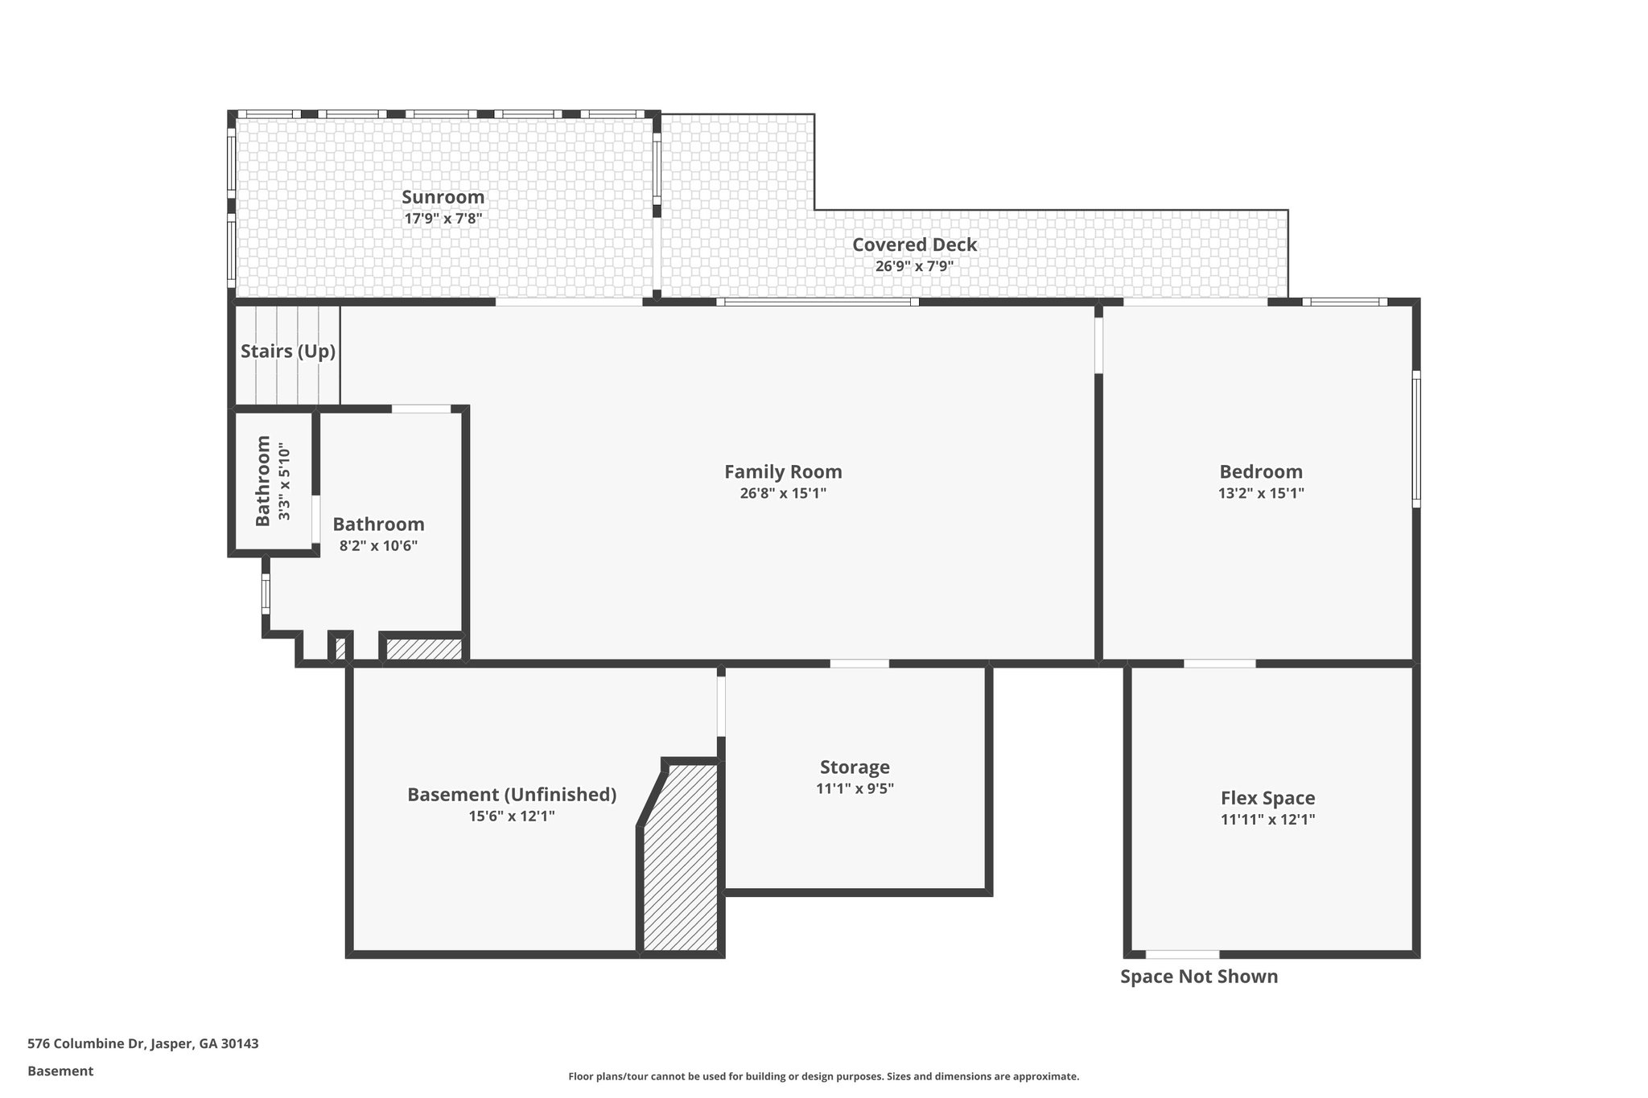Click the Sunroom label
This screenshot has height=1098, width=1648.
(x=443, y=197)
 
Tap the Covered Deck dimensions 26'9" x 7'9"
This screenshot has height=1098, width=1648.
(x=914, y=266)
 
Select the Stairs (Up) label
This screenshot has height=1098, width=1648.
(x=287, y=352)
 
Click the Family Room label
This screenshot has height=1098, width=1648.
(x=783, y=472)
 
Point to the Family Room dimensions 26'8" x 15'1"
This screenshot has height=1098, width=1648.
(x=783, y=493)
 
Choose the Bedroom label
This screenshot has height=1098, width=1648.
(x=1260, y=472)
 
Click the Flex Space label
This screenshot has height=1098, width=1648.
(x=1267, y=799)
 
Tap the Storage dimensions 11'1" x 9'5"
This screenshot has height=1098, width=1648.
(x=855, y=788)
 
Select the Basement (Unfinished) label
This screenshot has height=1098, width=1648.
(x=512, y=795)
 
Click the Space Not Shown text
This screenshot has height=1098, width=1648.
(x=1198, y=977)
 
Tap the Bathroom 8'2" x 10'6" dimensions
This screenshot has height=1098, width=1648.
(x=378, y=545)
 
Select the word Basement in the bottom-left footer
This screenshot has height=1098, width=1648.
(x=60, y=1071)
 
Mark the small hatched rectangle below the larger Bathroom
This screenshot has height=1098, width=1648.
(x=424, y=649)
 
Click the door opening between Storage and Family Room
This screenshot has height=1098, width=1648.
(x=859, y=664)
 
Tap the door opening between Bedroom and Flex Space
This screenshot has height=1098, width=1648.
(x=1219, y=664)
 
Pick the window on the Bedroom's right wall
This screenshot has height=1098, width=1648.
(x=1416, y=438)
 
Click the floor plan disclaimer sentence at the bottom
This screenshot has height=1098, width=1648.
(x=823, y=1076)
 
